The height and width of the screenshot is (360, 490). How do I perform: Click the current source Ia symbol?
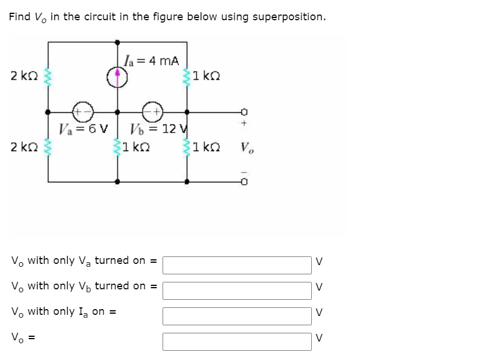pos(117,76)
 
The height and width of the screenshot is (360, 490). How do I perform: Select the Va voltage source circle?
pos(80,112)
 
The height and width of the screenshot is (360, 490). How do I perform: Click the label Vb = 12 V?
pos(157,128)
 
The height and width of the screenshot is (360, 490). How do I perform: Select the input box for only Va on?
pos(237,265)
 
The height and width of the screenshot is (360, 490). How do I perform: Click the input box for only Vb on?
pos(237,290)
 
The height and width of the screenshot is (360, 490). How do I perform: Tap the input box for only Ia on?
pos(237,316)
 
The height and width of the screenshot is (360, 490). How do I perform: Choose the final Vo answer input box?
pos(237,341)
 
